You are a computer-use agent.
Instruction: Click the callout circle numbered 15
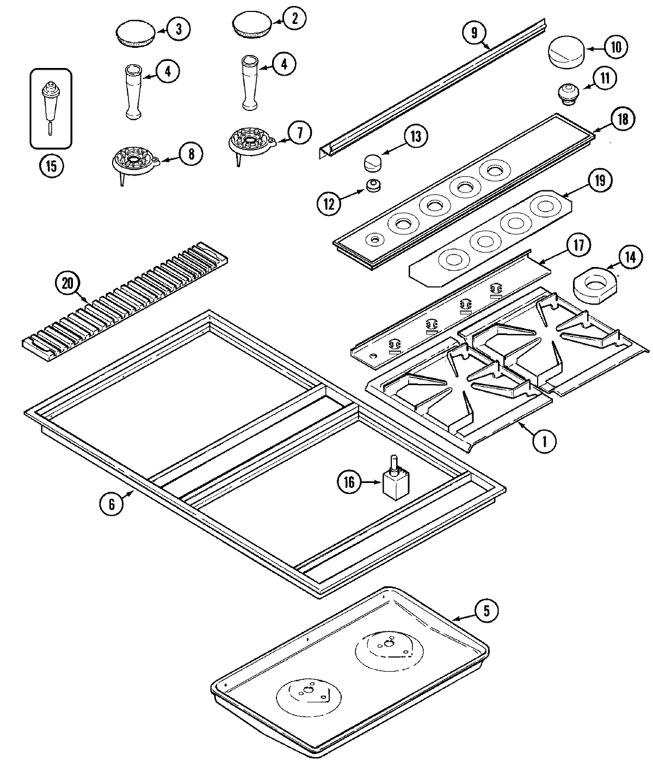pyautogui.click(x=51, y=165)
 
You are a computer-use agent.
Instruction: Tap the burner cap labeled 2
pyautogui.click(x=251, y=24)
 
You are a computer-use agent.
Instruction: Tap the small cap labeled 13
pyautogui.click(x=372, y=161)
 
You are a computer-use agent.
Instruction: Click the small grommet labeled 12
pyautogui.click(x=373, y=186)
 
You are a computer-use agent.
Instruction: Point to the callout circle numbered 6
pyautogui.click(x=112, y=504)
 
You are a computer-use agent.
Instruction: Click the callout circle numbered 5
pyautogui.click(x=485, y=610)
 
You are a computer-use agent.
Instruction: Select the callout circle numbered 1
pyautogui.click(x=544, y=442)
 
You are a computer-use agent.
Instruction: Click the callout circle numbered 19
pyautogui.click(x=599, y=181)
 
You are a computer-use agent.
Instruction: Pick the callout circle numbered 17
pyautogui.click(x=577, y=245)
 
